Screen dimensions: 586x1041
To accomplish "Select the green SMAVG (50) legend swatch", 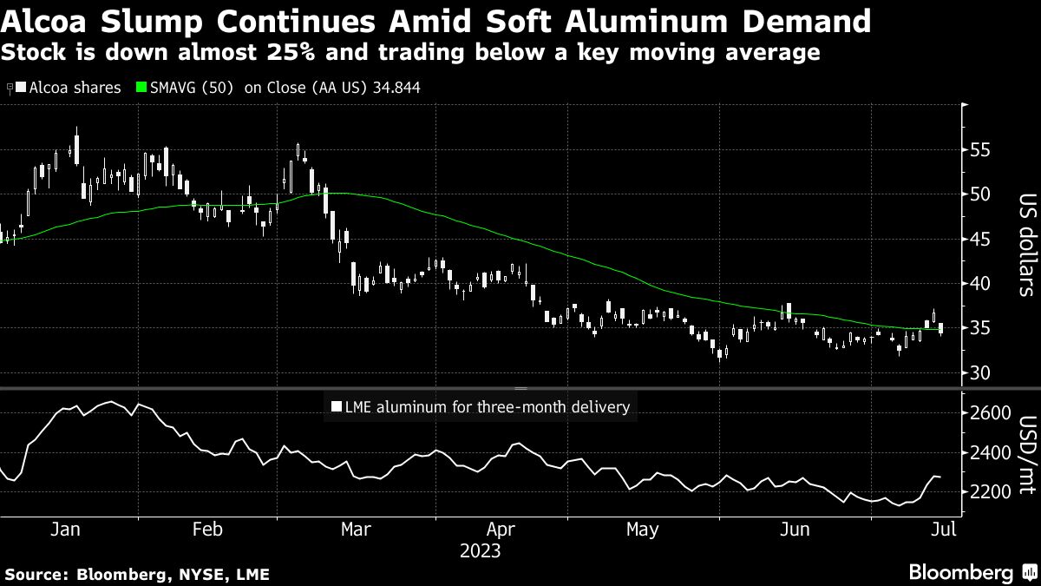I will (x=142, y=88).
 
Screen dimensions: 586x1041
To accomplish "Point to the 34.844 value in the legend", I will (x=395, y=88).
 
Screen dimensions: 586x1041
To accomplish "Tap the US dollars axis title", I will (x=1025, y=245).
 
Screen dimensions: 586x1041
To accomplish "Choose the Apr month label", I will (x=501, y=530).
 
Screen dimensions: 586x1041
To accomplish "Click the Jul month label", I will (x=944, y=530).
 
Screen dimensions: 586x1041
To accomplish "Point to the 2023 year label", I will (x=481, y=550).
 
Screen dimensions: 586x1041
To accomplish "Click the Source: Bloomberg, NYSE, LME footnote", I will (x=137, y=574).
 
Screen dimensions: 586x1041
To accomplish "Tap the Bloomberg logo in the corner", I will (x=972, y=572).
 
